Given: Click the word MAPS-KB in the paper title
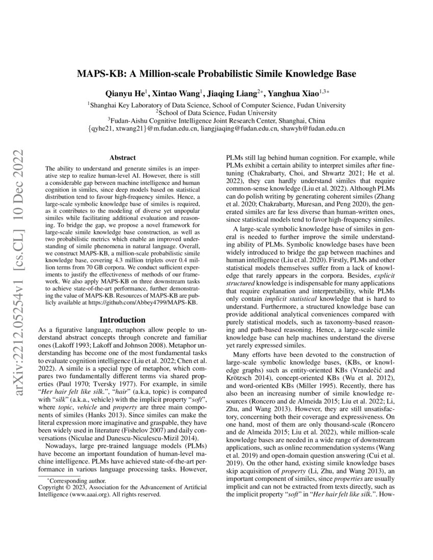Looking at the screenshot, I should [100, 73].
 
